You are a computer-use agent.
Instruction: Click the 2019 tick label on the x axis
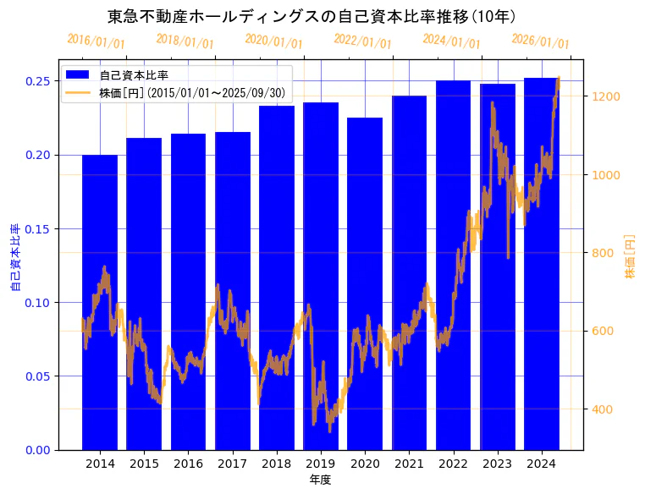pos(321,464)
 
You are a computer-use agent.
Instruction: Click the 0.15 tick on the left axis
pos(37,229)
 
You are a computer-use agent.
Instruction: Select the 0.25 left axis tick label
pos(37,81)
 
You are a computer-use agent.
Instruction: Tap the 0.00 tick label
pos(37,450)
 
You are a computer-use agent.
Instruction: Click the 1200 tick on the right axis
pos(607,96)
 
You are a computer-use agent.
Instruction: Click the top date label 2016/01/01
pos(96,41)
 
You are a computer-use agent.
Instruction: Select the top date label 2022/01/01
pos(362,41)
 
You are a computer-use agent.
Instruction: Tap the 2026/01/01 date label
pos(540,41)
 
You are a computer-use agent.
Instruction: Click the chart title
pos(312,16)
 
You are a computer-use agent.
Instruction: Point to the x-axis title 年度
pos(320,480)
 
